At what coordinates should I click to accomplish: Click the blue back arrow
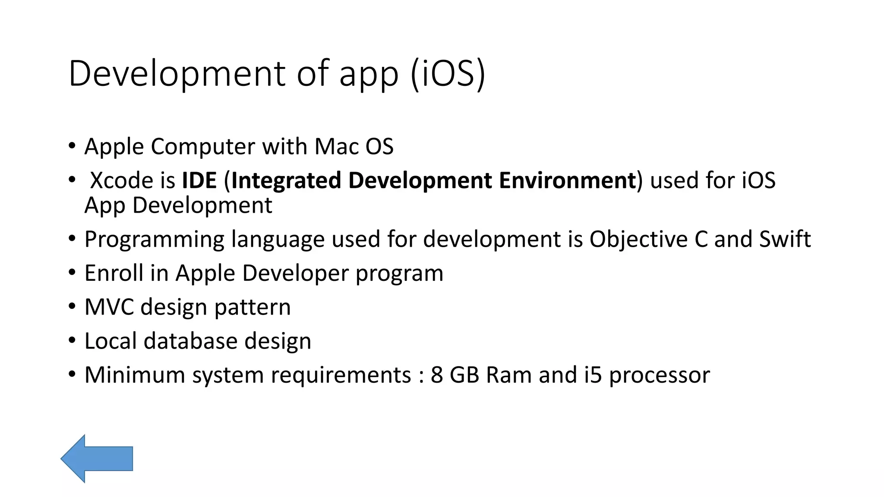point(97,458)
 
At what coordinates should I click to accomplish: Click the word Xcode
point(121,180)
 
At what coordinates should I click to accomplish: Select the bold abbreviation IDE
point(199,180)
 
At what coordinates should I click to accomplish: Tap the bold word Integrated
point(286,180)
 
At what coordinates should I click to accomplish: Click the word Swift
point(785,239)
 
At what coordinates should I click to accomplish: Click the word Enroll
point(114,273)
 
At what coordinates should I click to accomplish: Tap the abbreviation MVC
point(109,307)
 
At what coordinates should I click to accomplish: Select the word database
point(190,341)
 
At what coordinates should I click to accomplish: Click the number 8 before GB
point(437,375)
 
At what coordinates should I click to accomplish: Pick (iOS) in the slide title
point(448,74)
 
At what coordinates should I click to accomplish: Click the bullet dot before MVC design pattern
point(72,306)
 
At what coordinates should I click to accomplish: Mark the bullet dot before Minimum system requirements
point(72,374)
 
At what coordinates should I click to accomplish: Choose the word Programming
point(154,240)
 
